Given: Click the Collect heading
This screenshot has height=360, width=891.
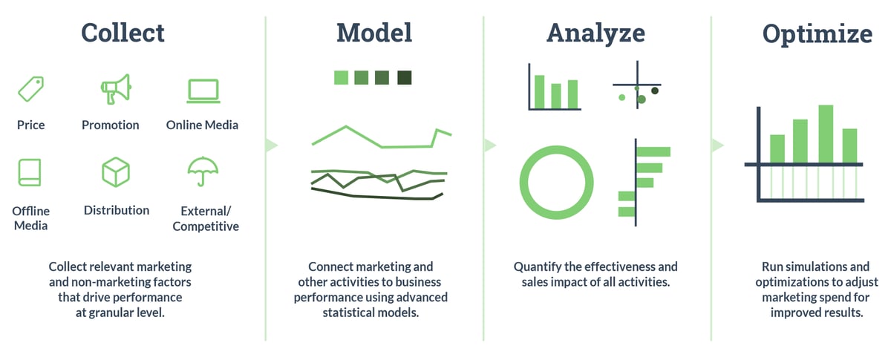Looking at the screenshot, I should coord(123,33).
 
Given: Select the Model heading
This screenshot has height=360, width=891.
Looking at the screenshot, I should coord(373,33).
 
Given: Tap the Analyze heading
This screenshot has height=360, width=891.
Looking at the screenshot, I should coord(595,33).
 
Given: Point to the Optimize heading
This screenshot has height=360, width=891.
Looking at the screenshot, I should coord(817,34).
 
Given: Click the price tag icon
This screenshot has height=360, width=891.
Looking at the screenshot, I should coord(30,89).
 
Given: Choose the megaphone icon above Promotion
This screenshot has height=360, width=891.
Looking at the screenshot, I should coord(115,89).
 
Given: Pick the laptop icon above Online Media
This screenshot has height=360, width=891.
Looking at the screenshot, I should coord(202,90).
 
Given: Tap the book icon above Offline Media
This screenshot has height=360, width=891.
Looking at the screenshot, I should coord(30,172).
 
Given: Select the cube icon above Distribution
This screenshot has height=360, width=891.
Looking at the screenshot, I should coord(115,172).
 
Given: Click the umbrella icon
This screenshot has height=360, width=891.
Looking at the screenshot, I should coord(202,171).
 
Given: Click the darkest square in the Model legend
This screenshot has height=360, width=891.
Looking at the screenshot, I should coord(404,78).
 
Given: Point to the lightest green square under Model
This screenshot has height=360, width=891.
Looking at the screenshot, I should coord(341,78).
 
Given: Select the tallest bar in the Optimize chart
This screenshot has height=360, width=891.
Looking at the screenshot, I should coord(825,133).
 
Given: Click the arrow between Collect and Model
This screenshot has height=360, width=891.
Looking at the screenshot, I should coord(271,145).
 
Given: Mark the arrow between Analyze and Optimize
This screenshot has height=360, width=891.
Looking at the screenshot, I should coord(717,145).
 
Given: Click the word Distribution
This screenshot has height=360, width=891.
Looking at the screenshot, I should coord(117,210).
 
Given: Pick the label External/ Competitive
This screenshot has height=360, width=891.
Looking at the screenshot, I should coord(206,218).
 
